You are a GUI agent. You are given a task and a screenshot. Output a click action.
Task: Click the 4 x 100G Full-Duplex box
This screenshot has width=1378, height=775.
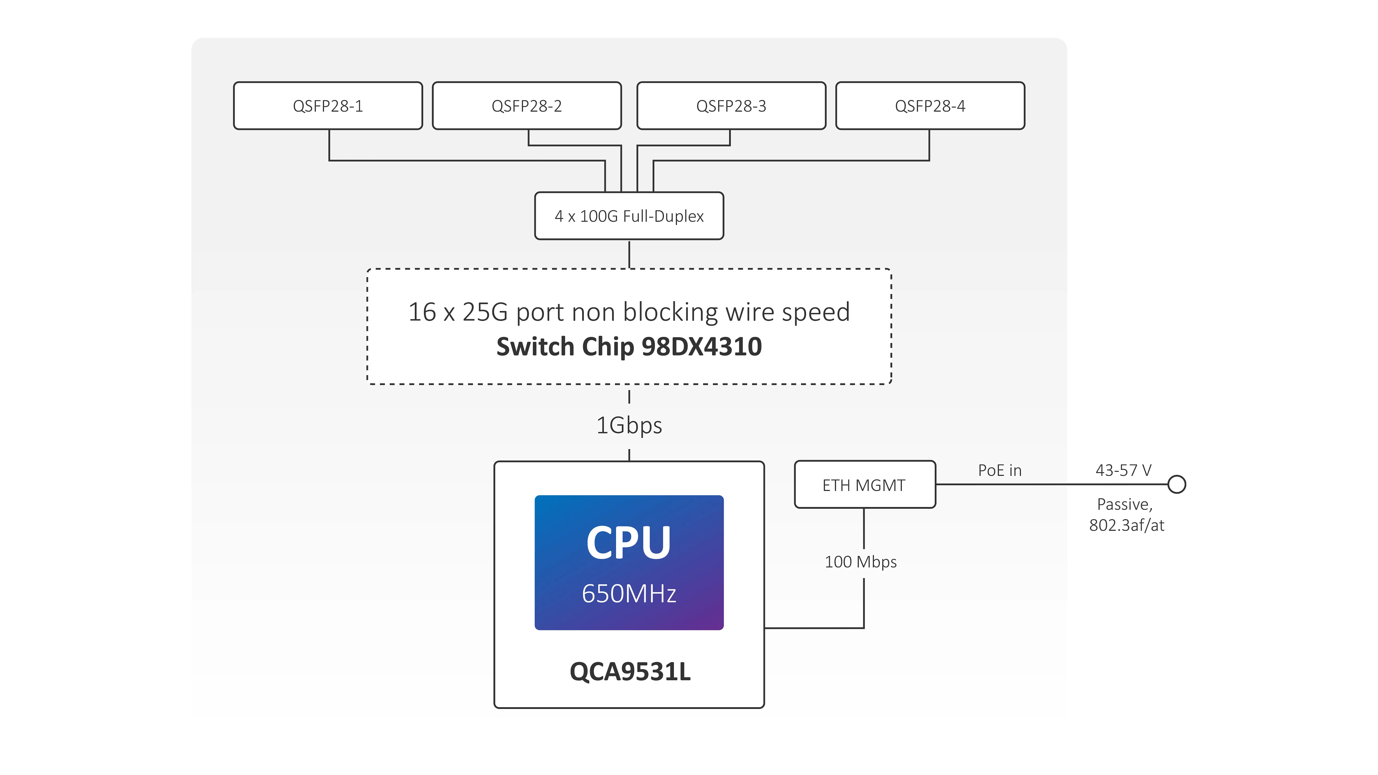(x=629, y=216)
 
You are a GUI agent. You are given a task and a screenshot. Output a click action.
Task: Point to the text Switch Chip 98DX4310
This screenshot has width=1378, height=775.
(x=629, y=347)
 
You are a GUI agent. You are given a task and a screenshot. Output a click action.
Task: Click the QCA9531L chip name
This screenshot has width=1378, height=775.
(x=630, y=672)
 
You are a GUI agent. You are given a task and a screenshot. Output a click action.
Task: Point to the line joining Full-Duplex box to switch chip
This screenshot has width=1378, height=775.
(x=629, y=254)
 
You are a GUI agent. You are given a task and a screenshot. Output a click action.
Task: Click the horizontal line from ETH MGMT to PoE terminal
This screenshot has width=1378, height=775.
(x=1049, y=484)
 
